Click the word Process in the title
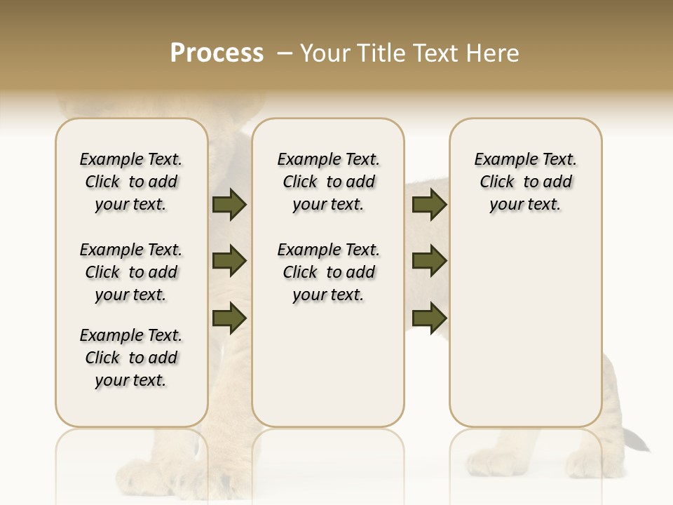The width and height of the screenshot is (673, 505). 217,53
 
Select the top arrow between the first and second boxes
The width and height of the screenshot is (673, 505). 229,205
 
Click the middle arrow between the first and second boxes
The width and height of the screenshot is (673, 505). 229,262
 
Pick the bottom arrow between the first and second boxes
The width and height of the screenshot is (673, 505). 229,318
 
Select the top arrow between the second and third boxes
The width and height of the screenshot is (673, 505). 429,205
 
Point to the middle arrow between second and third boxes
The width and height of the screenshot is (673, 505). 429,262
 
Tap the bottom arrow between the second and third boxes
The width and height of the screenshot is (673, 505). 429,318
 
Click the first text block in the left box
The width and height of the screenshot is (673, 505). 131,182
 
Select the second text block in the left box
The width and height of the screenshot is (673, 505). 131,272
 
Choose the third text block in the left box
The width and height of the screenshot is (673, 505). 131,358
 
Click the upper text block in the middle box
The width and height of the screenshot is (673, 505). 328,182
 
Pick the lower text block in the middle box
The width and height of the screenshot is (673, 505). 328,272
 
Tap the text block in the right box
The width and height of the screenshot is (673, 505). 525,182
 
